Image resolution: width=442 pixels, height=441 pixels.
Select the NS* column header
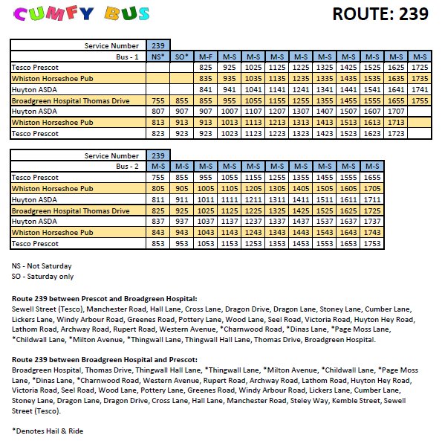[157, 57]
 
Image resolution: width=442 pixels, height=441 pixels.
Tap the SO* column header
[181, 57]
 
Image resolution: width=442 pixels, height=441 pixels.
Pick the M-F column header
[206, 57]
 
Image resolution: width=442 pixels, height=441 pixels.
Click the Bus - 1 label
[129, 57]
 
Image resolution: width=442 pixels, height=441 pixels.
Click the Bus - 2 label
[129, 167]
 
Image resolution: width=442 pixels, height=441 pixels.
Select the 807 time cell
[157, 112]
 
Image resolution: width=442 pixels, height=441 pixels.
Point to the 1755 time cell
[419, 100]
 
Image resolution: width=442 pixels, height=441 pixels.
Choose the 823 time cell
[157, 134]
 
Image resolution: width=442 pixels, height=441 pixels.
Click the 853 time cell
[157, 244]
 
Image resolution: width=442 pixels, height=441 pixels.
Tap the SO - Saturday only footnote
[42, 276]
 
